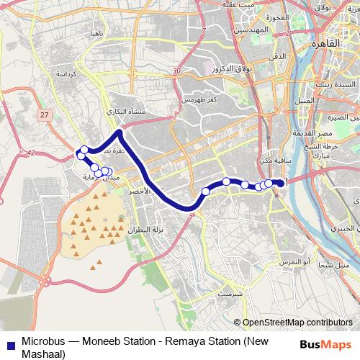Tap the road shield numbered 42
pos(31,151)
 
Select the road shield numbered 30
pos(177,71)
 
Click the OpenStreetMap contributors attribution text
pos(297,323)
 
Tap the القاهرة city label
pos(325,42)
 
